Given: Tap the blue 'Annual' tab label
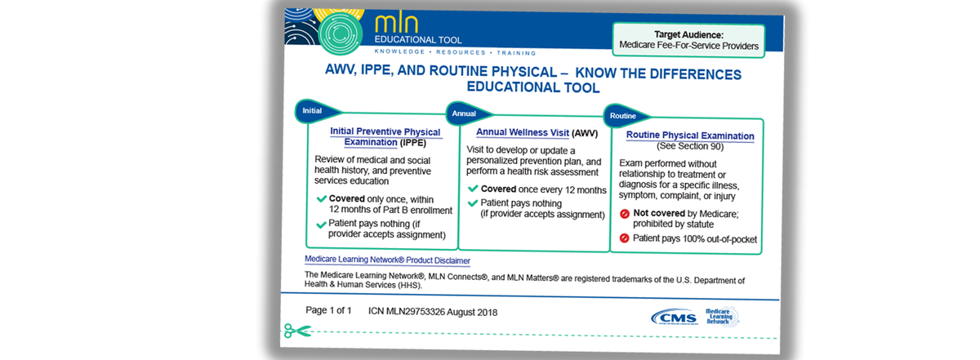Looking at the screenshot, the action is pos(464,113).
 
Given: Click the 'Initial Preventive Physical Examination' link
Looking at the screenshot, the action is pos(385,137).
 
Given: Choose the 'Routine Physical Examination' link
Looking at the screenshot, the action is pos(689,136).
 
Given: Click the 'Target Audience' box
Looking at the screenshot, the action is pos(688,40).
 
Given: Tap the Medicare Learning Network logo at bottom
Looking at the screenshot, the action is pos(721,317).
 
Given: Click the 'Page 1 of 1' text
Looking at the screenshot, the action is pos(328,310).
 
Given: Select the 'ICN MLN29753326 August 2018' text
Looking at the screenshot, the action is pos(432,312).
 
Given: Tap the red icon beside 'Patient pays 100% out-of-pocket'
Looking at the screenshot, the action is pos(625,239).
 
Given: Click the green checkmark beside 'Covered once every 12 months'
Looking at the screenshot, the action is pos(473,189).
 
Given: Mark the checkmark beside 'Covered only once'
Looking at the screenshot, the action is pos(320,199).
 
